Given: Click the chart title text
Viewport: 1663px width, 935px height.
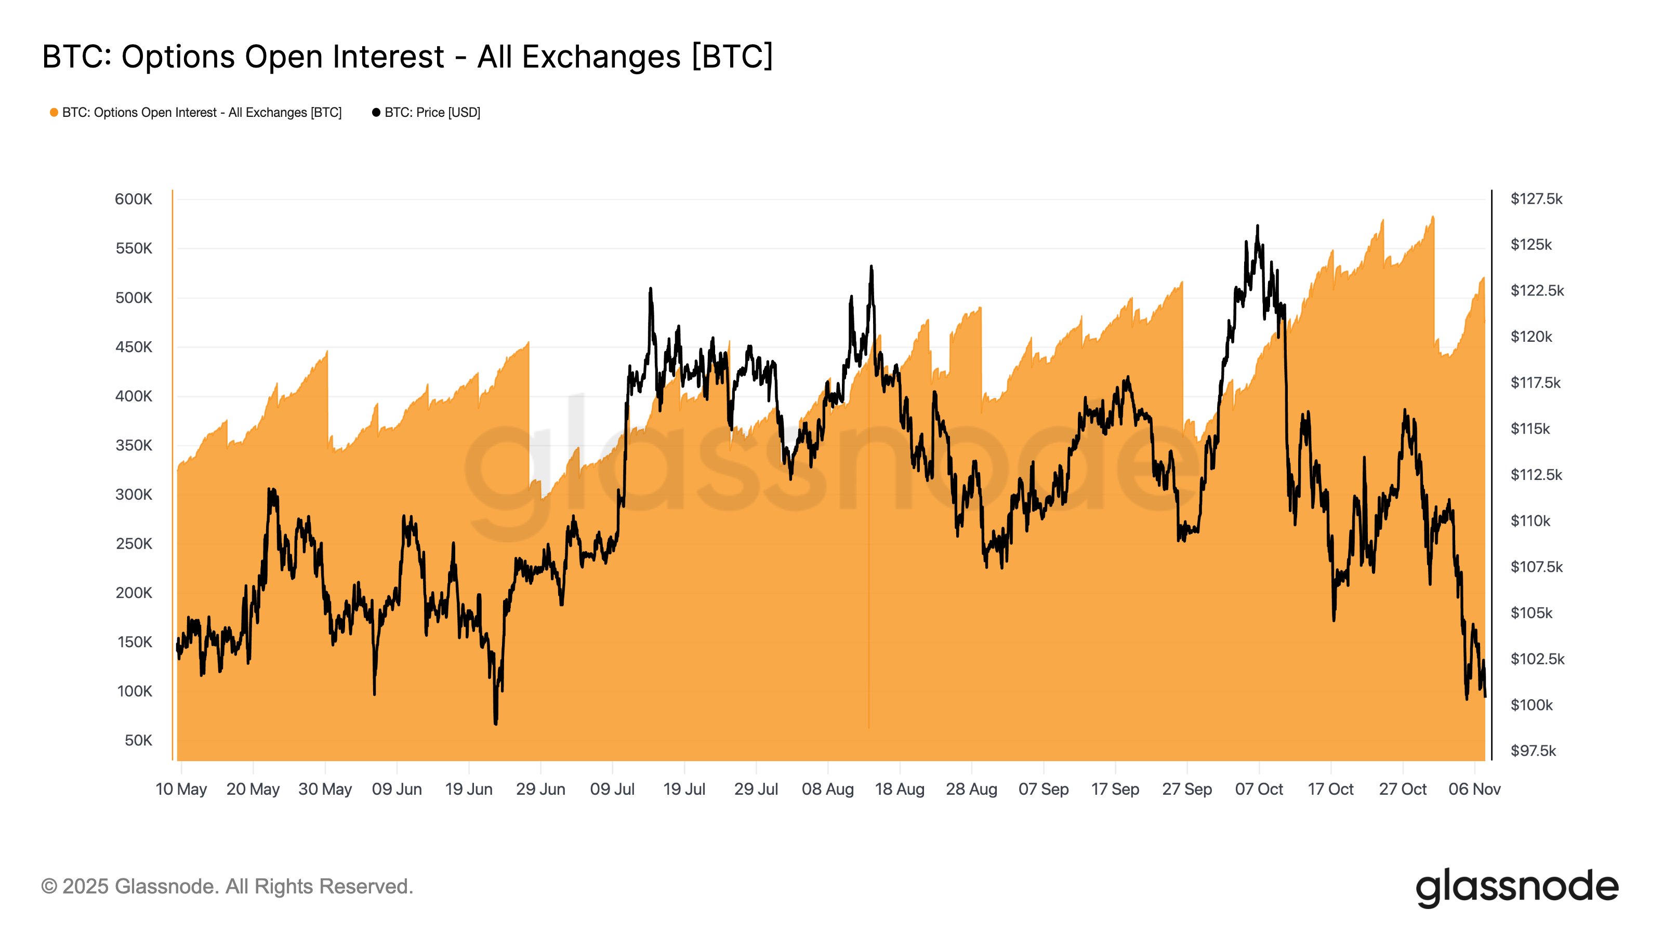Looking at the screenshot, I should tap(407, 57).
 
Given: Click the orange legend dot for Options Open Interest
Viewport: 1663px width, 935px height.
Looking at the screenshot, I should tap(54, 113).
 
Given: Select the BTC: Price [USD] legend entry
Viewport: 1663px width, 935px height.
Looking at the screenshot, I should tap(426, 113).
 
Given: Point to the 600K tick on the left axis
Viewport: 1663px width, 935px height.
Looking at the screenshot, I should tap(133, 199).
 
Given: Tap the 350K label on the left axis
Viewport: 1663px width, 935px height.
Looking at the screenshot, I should tap(133, 445).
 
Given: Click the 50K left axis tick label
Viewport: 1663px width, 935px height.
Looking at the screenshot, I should tap(138, 740).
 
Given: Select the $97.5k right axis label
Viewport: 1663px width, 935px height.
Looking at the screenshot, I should tap(1533, 751).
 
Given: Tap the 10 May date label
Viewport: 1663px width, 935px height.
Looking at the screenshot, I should tap(181, 789).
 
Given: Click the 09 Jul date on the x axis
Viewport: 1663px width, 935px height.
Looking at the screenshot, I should tap(612, 789).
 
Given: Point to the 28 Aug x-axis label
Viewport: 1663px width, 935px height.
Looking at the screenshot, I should tap(971, 789).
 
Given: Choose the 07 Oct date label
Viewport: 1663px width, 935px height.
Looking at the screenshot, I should tap(1258, 789).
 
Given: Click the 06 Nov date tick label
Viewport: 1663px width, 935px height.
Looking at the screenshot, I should tap(1474, 789).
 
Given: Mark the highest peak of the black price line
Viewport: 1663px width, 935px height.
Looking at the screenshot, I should tap(1257, 226).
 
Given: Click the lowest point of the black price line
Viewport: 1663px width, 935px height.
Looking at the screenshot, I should tap(495, 724).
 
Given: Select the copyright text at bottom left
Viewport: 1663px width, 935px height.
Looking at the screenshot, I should tap(227, 887).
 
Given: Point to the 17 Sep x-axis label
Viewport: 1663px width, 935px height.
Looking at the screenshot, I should tap(1115, 789).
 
